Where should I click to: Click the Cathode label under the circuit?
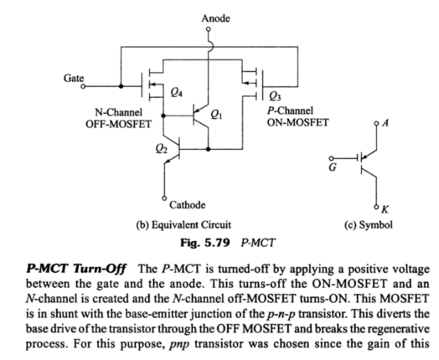[x=189, y=204]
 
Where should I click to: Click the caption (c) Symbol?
[x=363, y=224]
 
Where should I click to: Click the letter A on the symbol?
[x=385, y=122]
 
